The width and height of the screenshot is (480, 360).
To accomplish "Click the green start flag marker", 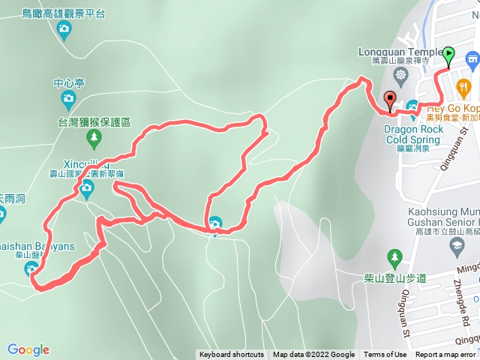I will (x=448, y=54).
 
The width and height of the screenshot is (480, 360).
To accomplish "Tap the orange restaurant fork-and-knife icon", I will (x=464, y=86).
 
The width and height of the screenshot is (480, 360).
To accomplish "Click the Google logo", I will (x=28, y=349).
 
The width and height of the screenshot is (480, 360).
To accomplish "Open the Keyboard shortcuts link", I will (x=232, y=355).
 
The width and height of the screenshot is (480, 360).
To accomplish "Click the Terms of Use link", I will (x=385, y=355).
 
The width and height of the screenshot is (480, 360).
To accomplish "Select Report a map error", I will (x=445, y=355).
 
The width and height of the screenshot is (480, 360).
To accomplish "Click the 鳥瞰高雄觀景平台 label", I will (x=63, y=13).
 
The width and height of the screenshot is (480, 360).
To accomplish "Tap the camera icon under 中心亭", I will (x=67, y=97).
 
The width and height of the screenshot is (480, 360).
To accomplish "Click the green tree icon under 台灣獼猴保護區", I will (x=93, y=137).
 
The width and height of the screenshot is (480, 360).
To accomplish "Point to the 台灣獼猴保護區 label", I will (x=94, y=121).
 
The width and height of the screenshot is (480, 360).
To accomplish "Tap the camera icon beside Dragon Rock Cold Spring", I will (x=414, y=112).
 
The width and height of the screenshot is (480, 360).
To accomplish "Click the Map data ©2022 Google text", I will (x=313, y=355).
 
